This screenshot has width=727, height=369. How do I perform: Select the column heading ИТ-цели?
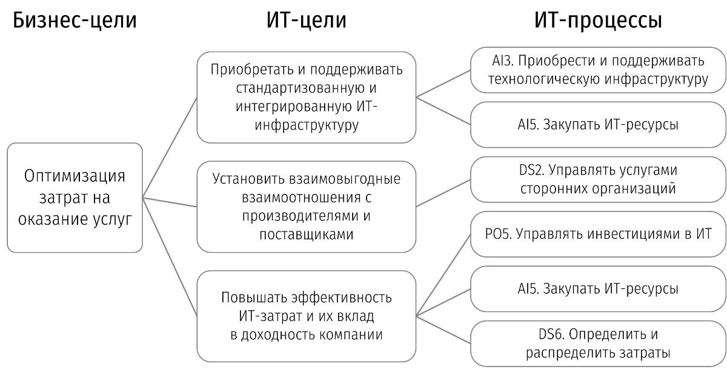tap(307, 22)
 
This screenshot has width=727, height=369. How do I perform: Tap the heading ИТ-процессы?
tap(597, 22)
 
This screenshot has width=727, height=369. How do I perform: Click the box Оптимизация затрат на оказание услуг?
tap(75, 198)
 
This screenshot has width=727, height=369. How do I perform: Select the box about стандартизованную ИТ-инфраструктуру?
tap(306, 97)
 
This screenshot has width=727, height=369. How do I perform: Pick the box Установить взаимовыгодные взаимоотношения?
tap(306, 206)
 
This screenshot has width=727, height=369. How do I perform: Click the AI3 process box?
tap(598, 70)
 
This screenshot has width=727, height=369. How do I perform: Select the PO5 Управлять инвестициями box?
tap(598, 234)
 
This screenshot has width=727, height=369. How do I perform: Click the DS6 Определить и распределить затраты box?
tap(598, 343)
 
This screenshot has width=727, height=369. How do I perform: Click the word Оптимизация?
tap(75, 176)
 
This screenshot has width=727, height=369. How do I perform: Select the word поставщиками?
tap(306, 234)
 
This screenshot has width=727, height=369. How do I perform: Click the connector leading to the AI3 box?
tap(444, 84)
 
